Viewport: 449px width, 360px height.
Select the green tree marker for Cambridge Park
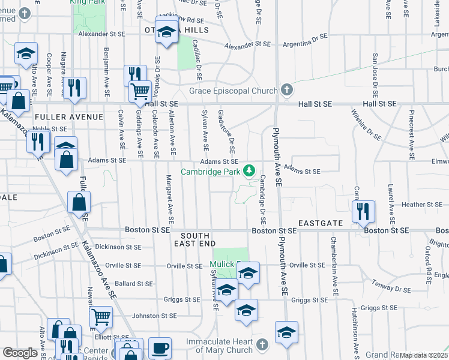pos(250,171)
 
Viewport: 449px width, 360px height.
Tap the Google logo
pos(20,352)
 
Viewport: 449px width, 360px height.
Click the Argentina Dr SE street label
pos(307,40)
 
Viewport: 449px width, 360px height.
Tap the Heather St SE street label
pos(405,205)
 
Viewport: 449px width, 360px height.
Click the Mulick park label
pos(221,265)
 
